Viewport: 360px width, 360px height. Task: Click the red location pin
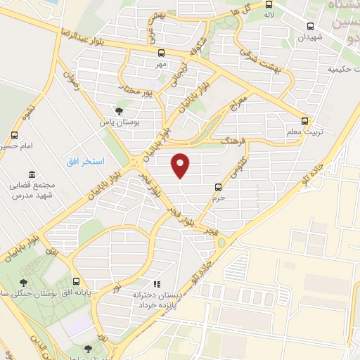pyautogui.click(x=181, y=165)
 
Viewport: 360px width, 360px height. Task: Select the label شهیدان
pyautogui.click(x=310, y=37)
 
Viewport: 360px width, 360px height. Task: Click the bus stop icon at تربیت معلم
pyautogui.click(x=304, y=121)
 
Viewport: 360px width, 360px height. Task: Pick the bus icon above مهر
pyautogui.click(x=161, y=53)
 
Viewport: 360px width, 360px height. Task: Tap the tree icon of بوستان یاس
pyautogui.click(x=120, y=111)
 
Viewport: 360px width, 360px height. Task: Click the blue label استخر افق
pyautogui.click(x=88, y=161)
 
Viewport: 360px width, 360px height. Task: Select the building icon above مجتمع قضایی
pyautogui.click(x=32, y=174)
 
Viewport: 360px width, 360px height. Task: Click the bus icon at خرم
pyautogui.click(x=218, y=187)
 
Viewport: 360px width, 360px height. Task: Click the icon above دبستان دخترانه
pyautogui.click(x=157, y=285)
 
